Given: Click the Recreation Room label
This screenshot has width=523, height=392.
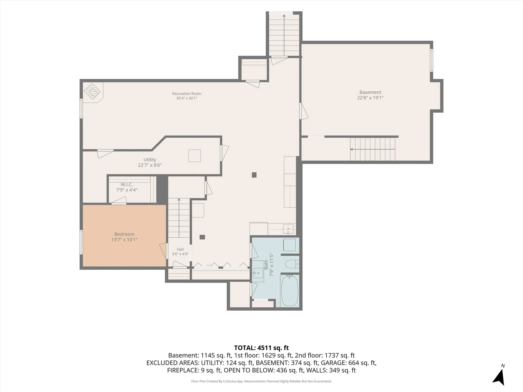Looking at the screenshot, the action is point(187,94).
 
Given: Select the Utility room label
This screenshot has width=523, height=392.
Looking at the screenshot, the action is point(150,160).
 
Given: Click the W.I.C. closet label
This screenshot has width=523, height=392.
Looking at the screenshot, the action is point(127,185).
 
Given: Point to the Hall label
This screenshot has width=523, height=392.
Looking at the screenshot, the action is point(180,249).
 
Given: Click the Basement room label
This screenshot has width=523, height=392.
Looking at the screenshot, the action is point(370,92).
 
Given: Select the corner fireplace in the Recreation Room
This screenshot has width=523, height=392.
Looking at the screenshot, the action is point(93,92).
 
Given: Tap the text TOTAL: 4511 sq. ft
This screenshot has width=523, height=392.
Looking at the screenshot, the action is point(261,348).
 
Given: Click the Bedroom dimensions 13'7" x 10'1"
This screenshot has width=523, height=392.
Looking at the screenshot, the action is point(124,240).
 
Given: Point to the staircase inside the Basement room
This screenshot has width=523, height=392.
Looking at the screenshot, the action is point(373,149).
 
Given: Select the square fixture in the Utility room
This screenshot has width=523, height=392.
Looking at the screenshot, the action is point(195,156).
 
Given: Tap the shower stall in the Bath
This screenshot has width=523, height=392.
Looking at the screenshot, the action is point(289,245).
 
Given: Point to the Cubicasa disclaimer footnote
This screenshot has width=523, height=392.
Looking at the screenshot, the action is point(261,381).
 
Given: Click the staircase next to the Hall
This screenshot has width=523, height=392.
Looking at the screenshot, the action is point(179,218).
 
